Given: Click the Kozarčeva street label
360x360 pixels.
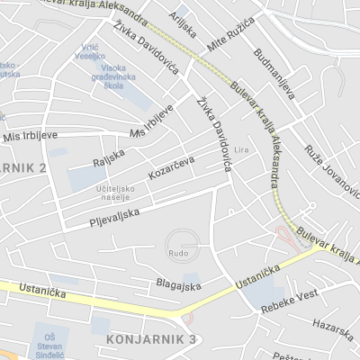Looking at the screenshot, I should (172, 167).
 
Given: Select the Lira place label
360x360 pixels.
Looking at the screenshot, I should (240, 148).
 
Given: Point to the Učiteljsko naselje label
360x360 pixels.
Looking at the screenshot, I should (115, 193).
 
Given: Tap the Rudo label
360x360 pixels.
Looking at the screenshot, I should (178, 254).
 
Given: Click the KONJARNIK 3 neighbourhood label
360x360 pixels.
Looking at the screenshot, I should (151, 338).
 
